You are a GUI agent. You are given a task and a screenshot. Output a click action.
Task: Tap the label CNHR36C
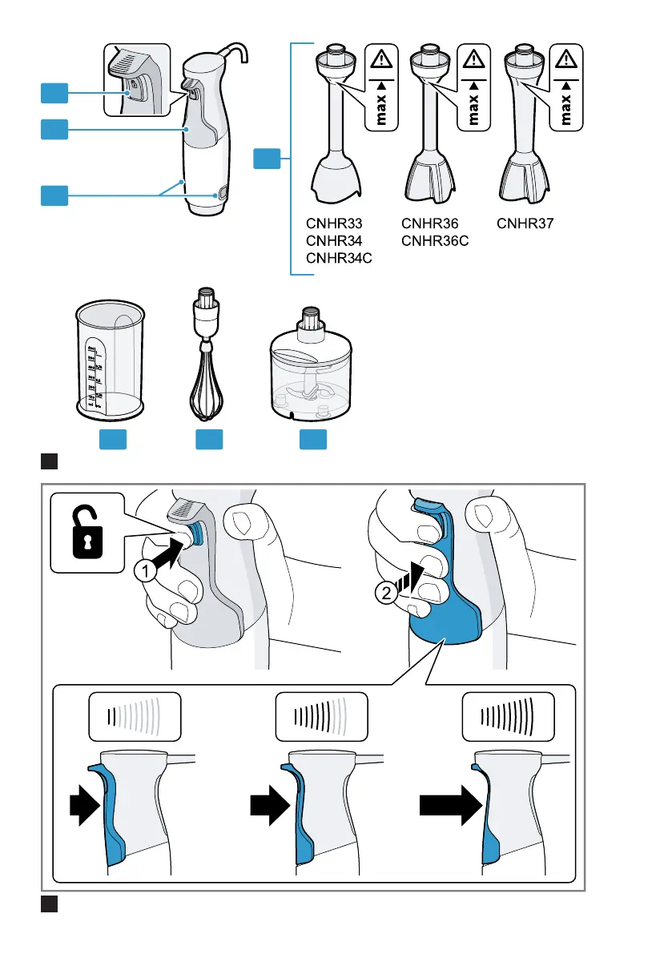tap(435, 241)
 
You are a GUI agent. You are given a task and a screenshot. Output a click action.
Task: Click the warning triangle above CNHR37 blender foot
tap(566, 61)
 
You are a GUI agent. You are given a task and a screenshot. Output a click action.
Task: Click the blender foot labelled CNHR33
tap(336, 128)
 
